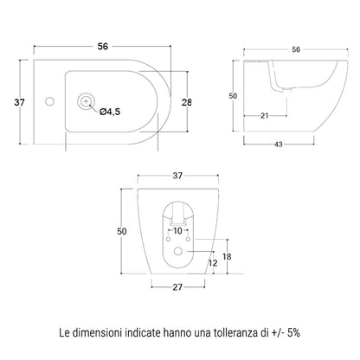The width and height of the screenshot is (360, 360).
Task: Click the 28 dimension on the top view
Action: point(187,102)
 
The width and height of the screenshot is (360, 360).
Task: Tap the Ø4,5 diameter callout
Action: point(110,112)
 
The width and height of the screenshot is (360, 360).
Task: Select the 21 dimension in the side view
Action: point(265,116)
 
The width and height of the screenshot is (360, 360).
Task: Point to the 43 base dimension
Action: point(279,145)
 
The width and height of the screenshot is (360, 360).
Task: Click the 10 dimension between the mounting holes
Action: point(178,231)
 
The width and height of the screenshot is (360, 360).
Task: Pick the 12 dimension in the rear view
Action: point(213,263)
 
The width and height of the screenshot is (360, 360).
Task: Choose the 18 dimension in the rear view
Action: point(227,256)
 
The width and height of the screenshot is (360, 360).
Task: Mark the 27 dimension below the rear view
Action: point(177,287)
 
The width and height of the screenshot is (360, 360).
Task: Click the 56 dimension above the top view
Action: point(103,46)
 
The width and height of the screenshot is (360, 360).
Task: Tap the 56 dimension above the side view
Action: point(296,49)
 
